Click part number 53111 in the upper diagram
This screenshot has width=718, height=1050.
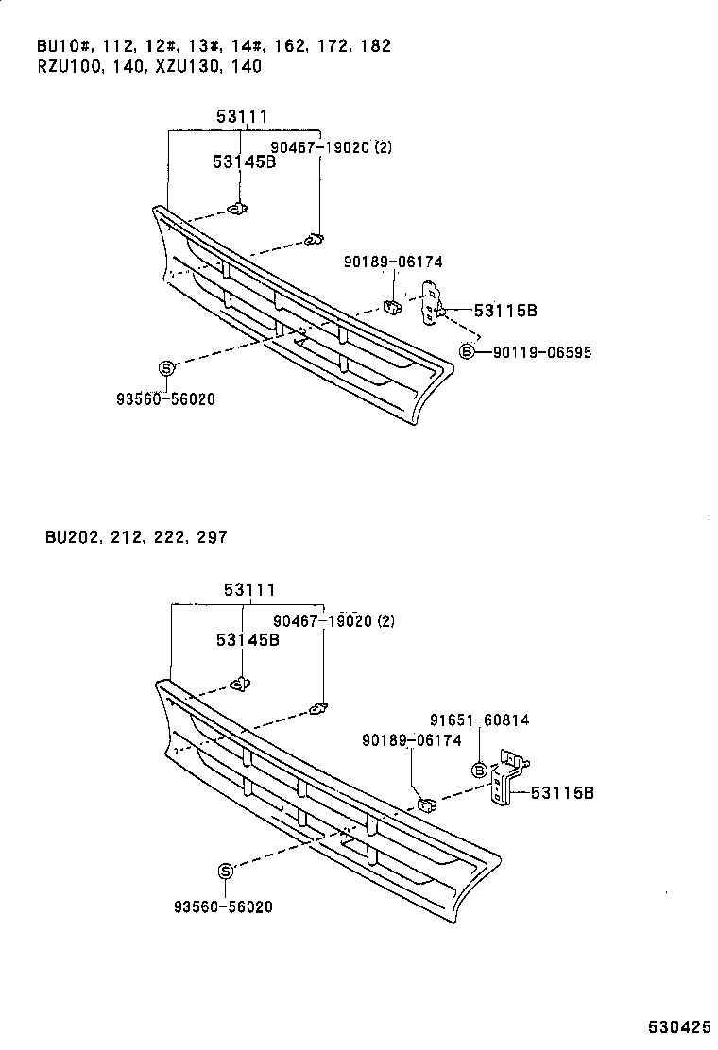coord(242,117)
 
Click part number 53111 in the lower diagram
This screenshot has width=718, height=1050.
coord(249,590)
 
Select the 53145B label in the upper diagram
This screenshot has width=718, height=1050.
coord(244,162)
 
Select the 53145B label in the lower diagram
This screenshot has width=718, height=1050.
coord(248,639)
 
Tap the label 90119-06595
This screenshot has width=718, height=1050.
coord(541,352)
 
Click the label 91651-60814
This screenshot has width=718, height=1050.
coord(482,720)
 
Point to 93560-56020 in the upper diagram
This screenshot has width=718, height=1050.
coord(166,399)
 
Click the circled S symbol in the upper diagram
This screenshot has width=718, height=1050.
coord(165,368)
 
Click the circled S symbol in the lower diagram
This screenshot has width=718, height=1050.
coord(226,871)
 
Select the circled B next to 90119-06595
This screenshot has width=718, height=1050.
coord(467,352)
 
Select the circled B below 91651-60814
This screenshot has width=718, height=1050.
coord(479,771)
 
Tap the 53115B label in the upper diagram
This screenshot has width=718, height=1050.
coord(505,310)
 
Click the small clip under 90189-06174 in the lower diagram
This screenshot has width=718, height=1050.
coord(426,804)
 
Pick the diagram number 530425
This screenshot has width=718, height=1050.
coord(678,1026)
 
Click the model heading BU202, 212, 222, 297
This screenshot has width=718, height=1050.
coord(135,537)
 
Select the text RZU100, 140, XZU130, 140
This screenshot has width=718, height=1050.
coord(149,66)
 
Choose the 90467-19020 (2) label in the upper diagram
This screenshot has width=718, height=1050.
coord(331,147)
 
